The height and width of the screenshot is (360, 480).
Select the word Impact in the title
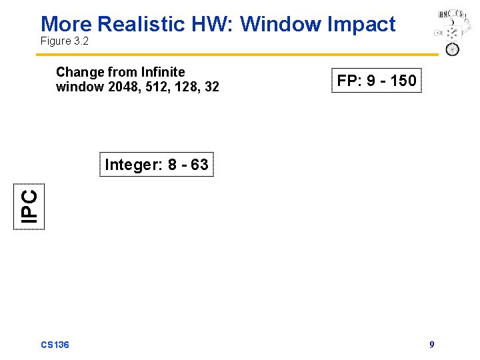coord(364,24)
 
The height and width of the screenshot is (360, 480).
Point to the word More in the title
coord(67,24)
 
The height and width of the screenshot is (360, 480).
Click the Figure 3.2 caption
coord(65,41)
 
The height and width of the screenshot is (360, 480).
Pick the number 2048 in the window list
coord(114,87)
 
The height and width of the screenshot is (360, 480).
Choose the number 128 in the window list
coord(179,87)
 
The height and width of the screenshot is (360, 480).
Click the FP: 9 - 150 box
coord(377,81)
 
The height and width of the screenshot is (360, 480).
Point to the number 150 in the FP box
coord(403,81)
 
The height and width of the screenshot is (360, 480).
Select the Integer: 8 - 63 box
coord(157,165)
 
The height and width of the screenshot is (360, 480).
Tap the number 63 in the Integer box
coord(199,165)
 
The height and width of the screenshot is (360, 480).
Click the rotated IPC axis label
coord(30,207)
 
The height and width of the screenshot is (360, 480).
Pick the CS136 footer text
coord(55,345)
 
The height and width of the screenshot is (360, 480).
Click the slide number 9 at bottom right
coord(432,345)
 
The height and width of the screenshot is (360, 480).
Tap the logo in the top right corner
coord(451,32)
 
